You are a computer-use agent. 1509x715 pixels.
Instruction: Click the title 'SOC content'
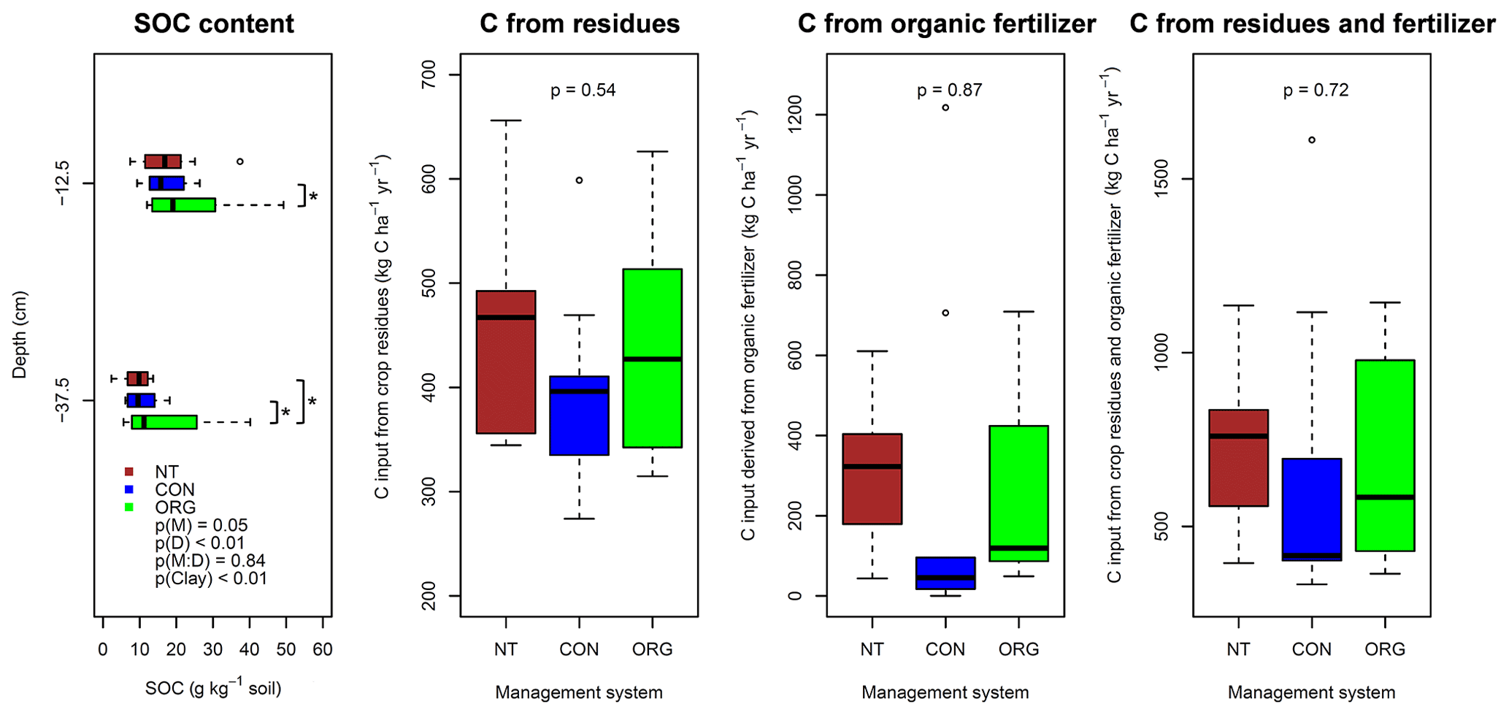pyautogui.click(x=214, y=24)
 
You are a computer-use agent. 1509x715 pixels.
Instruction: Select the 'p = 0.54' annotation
pyautogui.click(x=583, y=91)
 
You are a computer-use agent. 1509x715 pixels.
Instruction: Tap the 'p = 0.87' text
pyautogui.click(x=949, y=91)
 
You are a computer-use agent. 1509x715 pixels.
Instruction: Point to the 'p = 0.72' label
pyautogui.click(x=1316, y=91)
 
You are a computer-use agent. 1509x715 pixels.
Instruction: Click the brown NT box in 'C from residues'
pyautogui.click(x=506, y=362)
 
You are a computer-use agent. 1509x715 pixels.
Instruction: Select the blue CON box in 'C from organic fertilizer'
pyautogui.click(x=945, y=573)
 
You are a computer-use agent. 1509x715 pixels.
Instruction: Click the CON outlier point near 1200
pyautogui.click(x=945, y=107)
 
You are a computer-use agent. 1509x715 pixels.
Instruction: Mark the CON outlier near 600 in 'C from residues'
pyautogui.click(x=580, y=180)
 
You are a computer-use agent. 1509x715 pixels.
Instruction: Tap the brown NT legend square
pyautogui.click(x=129, y=472)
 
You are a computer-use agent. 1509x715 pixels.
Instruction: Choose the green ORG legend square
pyautogui.click(x=129, y=507)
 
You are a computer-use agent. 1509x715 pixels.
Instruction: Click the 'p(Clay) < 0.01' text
pyautogui.click(x=211, y=579)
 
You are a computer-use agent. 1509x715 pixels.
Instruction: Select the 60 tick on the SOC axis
pyautogui.click(x=323, y=649)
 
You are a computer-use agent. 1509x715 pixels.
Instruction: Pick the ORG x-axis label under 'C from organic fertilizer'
pyautogui.click(x=1018, y=649)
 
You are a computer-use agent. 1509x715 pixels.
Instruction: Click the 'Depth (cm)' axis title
pyautogui.click(x=20, y=334)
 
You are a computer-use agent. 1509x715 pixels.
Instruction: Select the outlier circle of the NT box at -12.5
pyautogui.click(x=240, y=161)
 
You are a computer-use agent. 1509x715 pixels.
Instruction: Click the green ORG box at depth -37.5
pyautogui.click(x=164, y=422)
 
